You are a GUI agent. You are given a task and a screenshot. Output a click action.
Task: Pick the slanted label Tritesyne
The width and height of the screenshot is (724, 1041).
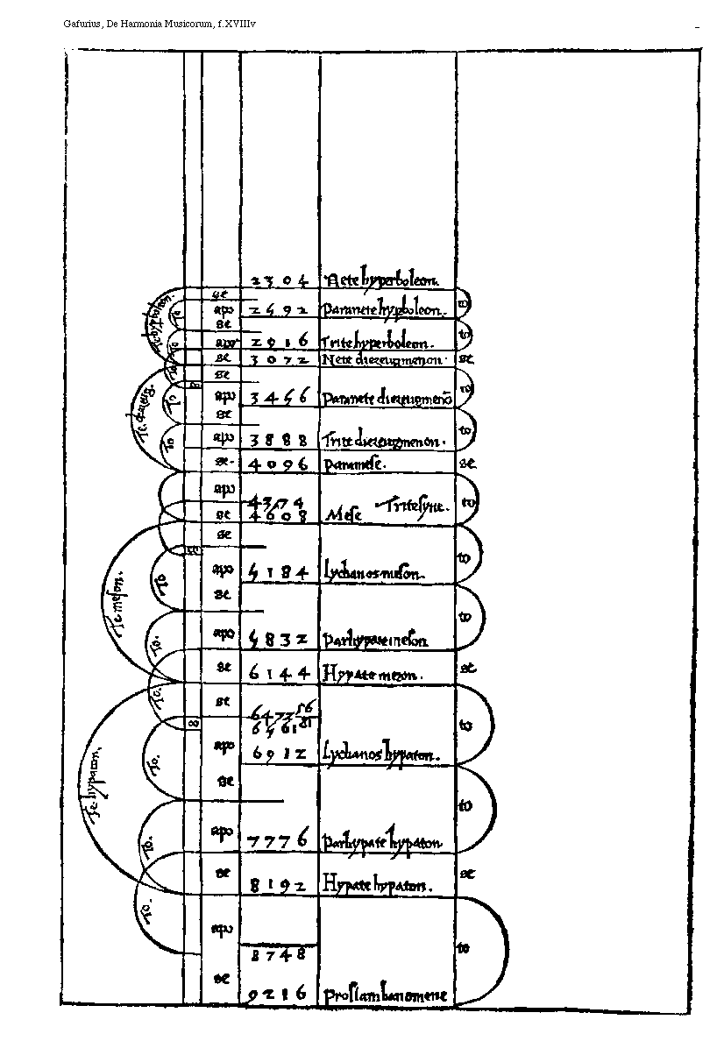pos(413,506)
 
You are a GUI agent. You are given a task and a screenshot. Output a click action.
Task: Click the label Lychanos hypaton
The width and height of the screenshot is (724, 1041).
pos(379,753)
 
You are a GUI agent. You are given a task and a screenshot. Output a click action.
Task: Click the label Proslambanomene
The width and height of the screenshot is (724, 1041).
pos(386,995)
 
